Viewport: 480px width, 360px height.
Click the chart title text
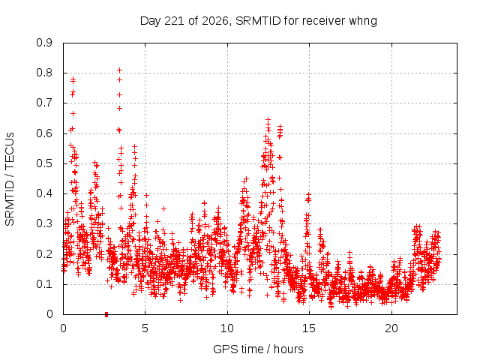[258, 21]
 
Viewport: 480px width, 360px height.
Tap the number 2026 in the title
[215, 21]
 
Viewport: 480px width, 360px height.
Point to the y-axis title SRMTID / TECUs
[10, 179]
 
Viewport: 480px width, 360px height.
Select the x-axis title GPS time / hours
[258, 349]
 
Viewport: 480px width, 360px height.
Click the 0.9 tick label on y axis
[44, 43]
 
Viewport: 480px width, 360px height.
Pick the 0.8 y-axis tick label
[44, 73]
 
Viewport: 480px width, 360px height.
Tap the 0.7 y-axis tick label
[44, 103]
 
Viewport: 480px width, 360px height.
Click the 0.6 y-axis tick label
[44, 133]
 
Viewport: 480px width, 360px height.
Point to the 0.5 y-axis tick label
[44, 163]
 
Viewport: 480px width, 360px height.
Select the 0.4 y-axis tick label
[44, 193]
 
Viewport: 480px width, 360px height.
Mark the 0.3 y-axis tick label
[44, 223]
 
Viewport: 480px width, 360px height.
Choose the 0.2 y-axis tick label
[44, 253]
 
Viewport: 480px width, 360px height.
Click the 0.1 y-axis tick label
[44, 284]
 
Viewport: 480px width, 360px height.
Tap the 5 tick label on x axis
[145, 328]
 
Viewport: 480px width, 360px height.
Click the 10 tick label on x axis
[227, 328]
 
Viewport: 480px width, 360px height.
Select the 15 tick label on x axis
[309, 328]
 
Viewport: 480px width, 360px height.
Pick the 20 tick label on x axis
[391, 328]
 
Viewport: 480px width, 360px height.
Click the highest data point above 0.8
[120, 70]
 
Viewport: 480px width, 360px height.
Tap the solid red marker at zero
[106, 314]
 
